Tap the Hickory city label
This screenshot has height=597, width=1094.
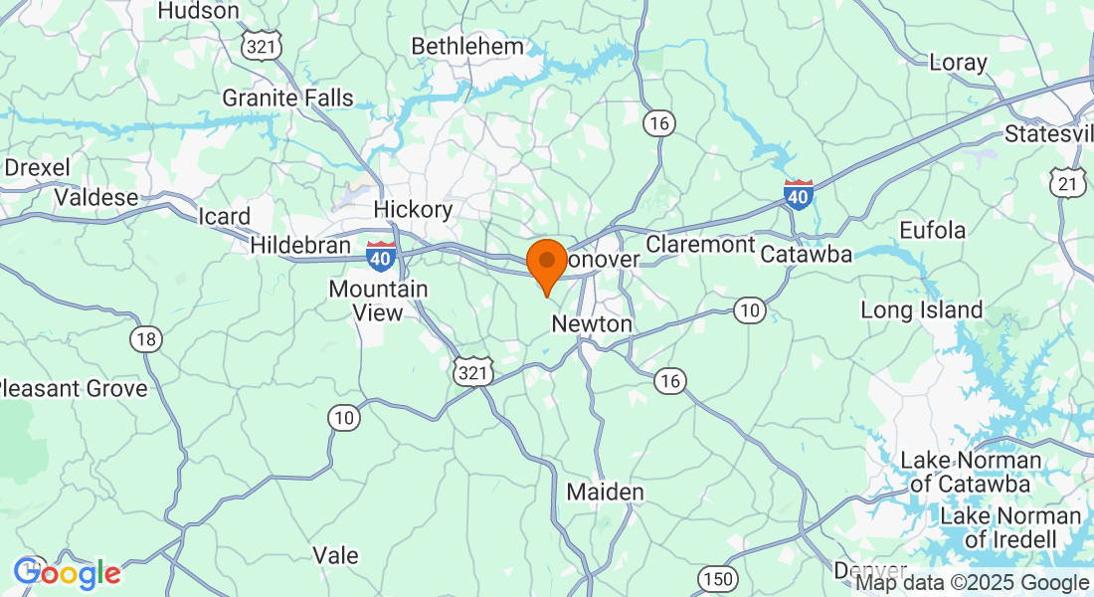(413, 210)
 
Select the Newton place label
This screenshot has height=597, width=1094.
(592, 324)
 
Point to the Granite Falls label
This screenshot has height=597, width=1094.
(287, 98)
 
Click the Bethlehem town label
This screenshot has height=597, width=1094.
(467, 47)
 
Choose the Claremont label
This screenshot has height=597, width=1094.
(700, 244)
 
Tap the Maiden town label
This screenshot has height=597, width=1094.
(605, 492)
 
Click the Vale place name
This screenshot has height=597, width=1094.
(335, 555)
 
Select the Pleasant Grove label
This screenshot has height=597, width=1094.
(75, 388)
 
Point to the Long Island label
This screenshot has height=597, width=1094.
(921, 310)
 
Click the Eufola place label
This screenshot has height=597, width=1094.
(932, 231)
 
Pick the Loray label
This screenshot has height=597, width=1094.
(959, 63)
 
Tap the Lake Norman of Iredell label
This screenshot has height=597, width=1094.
(1010, 527)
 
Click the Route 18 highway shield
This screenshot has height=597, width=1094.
(145, 340)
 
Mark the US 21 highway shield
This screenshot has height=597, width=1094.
(1067, 182)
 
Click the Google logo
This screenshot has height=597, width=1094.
(67, 573)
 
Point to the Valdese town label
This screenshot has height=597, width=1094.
(96, 197)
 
